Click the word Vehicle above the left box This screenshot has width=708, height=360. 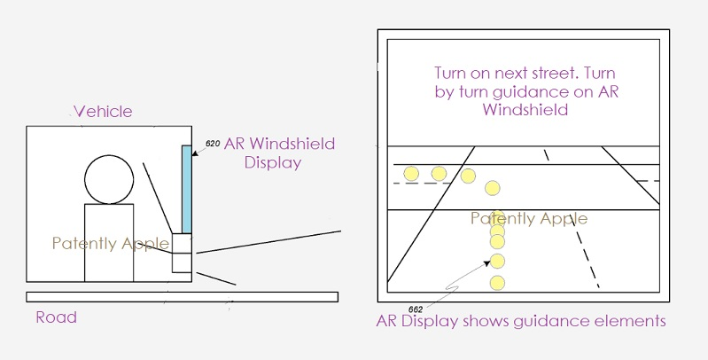pos(103,112)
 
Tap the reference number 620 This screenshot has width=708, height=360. pos(212,143)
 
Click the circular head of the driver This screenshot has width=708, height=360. pos(108,179)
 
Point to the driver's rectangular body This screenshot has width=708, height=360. pos(108,242)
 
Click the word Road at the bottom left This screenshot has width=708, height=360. pos(56,317)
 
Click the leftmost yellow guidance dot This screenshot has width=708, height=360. pos(410,173)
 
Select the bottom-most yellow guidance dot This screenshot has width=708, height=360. pos(497,284)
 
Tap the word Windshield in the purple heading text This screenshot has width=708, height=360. pos(525,111)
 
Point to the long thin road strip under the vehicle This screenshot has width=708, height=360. pos(181,296)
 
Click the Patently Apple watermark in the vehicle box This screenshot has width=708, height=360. pos(110,243)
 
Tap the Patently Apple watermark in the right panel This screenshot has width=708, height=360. pos(529,218)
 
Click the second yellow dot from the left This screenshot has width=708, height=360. pos(439,173)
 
